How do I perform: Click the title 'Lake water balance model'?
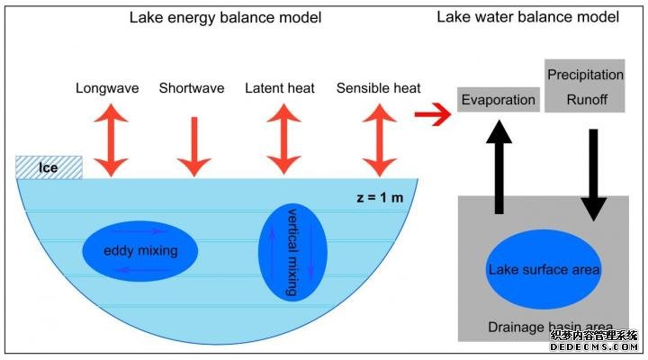click(528, 17)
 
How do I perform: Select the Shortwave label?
click(193, 88)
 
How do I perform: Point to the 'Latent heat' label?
click(283, 88)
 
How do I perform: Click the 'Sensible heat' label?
click(379, 88)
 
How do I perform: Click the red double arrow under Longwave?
click(112, 140)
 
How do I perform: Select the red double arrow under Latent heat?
click(283, 140)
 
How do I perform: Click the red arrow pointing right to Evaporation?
click(434, 115)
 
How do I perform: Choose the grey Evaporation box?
click(498, 100)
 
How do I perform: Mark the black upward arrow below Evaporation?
click(498, 167)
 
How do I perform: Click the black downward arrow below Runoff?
click(592, 175)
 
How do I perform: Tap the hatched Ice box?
click(49, 167)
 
